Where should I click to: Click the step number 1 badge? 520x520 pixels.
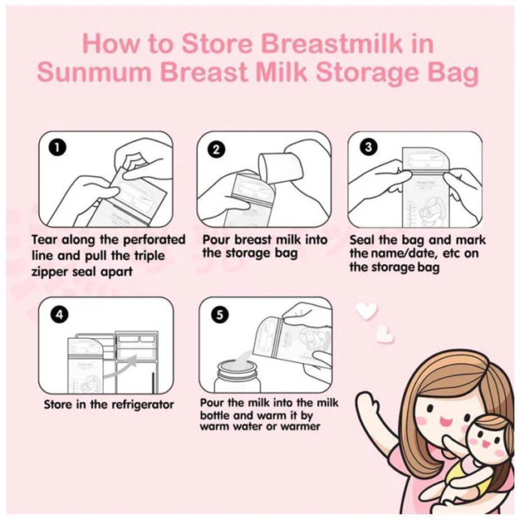tap(57, 147)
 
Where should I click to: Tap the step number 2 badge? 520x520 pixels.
tap(216, 150)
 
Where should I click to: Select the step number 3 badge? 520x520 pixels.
tap(368, 147)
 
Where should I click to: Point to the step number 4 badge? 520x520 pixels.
tap(59, 314)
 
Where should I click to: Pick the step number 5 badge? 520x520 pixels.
tap(220, 315)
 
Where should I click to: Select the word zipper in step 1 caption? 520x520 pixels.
tap(49, 272)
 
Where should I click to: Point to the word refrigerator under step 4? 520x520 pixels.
tap(142, 405)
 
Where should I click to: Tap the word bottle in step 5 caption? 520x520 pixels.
tap(215, 415)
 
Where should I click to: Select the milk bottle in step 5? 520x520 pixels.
tap(237, 376)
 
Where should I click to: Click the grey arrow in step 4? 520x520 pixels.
tap(120, 366)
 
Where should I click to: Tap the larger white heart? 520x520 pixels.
tap(367, 311)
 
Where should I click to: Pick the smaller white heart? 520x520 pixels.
tap(386, 334)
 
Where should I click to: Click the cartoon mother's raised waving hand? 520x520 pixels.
tap(368, 406)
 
